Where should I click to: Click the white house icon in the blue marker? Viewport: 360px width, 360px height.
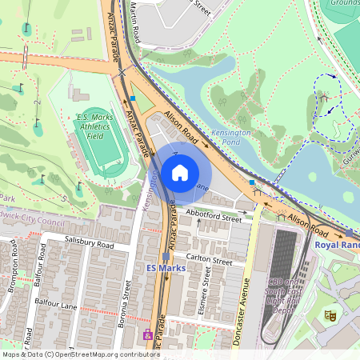pyautogui.click(x=180, y=172)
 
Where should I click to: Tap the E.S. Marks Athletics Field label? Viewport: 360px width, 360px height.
pyautogui.click(x=97, y=126)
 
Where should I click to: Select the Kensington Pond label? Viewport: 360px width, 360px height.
pyautogui.click(x=230, y=136)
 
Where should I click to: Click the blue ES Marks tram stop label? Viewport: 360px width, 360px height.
pyautogui.click(x=166, y=268)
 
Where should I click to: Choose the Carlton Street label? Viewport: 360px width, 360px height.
pyautogui.click(x=209, y=259)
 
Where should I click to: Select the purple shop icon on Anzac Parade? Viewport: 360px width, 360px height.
pyautogui.click(x=147, y=334)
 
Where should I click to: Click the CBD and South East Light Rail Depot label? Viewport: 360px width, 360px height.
pyautogui.click(x=286, y=298)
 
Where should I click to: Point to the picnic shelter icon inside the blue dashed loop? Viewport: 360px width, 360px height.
pyautogui.click(x=325, y=97)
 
